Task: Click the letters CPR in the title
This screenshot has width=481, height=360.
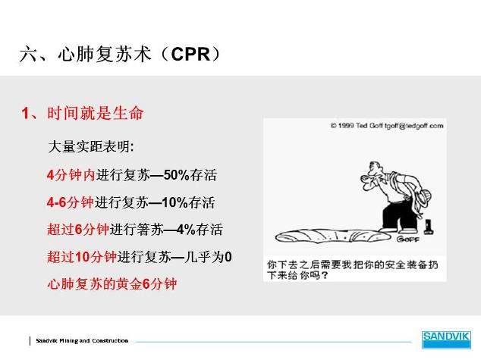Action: (x=190, y=55)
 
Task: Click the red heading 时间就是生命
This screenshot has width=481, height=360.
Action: (x=96, y=113)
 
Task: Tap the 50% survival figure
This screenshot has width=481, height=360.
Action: (x=176, y=175)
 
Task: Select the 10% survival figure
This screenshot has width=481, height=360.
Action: (x=174, y=202)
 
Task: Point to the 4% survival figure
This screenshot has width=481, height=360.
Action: (x=186, y=230)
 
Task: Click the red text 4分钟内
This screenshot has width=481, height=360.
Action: (x=71, y=175)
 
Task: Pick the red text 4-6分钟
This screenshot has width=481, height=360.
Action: (x=71, y=202)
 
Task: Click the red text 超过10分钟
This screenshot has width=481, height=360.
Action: (x=82, y=257)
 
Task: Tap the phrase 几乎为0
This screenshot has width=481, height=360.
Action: (x=208, y=257)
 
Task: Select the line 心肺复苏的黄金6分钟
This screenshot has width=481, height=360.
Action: (x=112, y=284)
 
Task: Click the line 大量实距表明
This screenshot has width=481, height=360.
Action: (x=91, y=147)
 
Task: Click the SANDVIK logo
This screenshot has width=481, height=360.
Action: (x=446, y=340)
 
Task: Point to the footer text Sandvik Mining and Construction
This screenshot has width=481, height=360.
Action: (x=82, y=340)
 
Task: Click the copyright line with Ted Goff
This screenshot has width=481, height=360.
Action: (x=387, y=126)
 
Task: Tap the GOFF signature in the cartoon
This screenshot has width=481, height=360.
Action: (x=407, y=239)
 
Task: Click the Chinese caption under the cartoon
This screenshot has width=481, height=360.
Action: (x=353, y=270)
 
